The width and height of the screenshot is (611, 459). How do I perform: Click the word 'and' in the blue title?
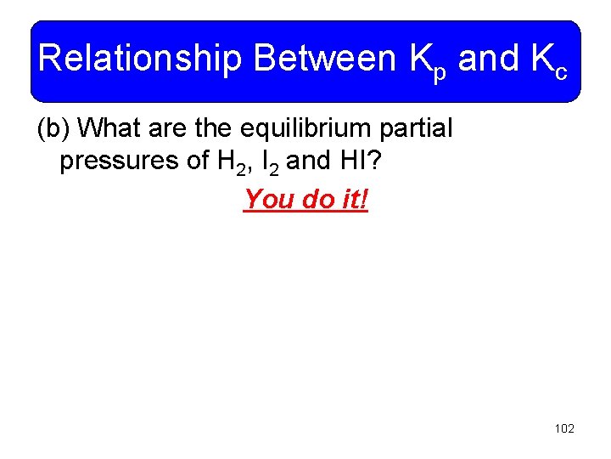[x=488, y=59]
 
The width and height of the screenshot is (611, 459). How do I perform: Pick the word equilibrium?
[x=315, y=129]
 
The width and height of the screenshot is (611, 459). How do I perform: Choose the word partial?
[x=420, y=129]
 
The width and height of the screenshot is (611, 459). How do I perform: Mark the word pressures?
[x=114, y=161]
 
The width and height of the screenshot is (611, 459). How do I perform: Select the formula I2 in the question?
[x=268, y=162]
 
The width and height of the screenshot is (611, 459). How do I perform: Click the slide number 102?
[x=563, y=428]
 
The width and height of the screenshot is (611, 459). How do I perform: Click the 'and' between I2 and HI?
[x=306, y=161]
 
